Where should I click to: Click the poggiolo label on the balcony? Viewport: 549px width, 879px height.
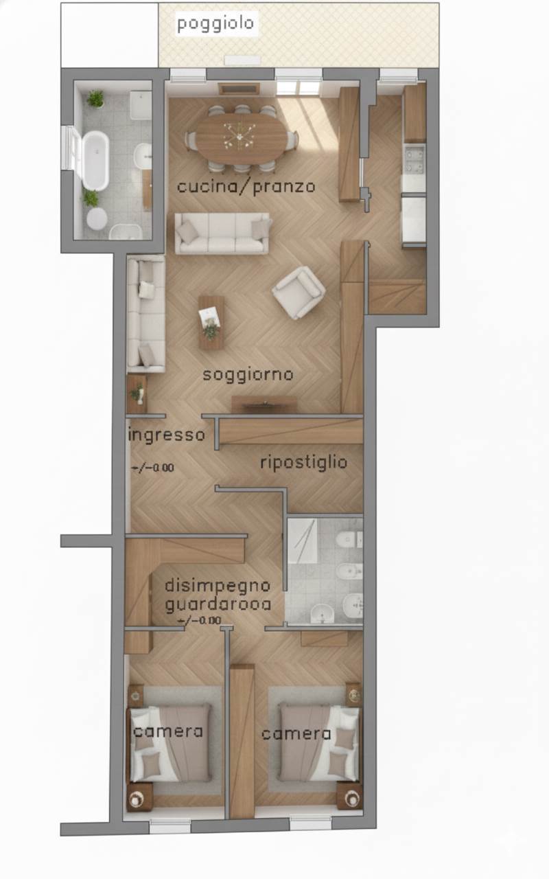(215, 24)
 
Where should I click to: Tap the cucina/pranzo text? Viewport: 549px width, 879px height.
(246, 186)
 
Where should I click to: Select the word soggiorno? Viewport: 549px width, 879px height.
(248, 375)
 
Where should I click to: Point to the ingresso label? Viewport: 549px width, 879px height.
(167, 435)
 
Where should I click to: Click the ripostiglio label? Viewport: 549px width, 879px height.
(303, 462)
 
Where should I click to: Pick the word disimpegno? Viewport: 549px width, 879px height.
(218, 586)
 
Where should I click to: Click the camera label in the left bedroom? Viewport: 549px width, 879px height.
(168, 731)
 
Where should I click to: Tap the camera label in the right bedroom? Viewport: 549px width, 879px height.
(296, 733)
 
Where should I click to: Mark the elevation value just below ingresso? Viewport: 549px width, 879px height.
(152, 468)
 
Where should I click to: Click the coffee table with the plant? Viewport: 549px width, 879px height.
(211, 321)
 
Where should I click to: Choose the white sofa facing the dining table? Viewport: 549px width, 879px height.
(222, 233)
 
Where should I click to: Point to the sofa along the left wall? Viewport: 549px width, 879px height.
(145, 314)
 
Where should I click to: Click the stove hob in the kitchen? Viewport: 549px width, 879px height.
(414, 159)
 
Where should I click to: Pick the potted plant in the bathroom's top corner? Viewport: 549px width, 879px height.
(95, 99)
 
